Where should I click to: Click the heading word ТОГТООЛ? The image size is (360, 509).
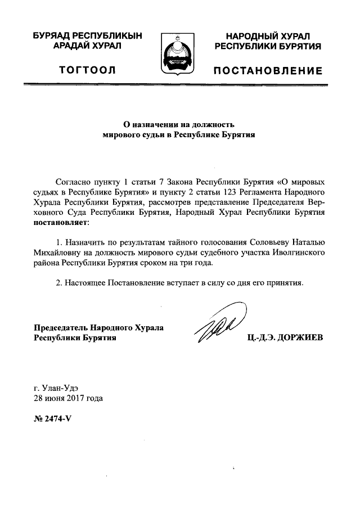[87, 70]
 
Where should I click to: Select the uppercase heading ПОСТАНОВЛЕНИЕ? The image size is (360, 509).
[267, 71]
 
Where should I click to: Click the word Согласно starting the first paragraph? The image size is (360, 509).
[75, 183]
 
